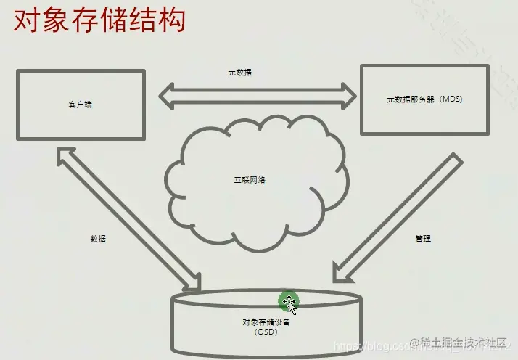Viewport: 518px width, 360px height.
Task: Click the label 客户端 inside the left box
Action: [79, 104]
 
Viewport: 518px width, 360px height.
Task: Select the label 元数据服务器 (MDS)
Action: [424, 99]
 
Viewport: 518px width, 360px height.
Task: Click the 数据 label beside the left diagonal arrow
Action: [99, 238]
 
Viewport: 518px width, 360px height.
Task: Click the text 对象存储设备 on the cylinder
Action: [266, 322]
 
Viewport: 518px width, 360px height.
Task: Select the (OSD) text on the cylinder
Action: [266, 332]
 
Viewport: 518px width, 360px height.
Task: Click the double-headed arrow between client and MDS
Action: [259, 95]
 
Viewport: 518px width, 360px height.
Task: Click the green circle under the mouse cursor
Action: [288, 300]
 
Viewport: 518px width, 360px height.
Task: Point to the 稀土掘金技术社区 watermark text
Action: [464, 342]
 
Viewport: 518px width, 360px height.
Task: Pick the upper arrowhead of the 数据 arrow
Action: [64, 154]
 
